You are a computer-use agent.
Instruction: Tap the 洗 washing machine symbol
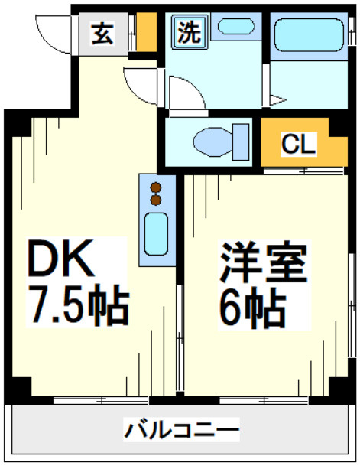tap(186, 32)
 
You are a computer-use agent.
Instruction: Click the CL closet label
tap(298, 144)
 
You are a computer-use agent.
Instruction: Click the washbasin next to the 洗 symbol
tap(233, 26)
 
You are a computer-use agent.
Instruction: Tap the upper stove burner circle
tap(156, 187)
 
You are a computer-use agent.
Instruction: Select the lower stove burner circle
tap(156, 200)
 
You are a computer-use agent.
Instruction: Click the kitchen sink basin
tap(156, 235)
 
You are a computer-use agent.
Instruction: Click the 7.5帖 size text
tap(76, 306)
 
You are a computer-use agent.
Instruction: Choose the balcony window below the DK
tap(99, 400)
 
